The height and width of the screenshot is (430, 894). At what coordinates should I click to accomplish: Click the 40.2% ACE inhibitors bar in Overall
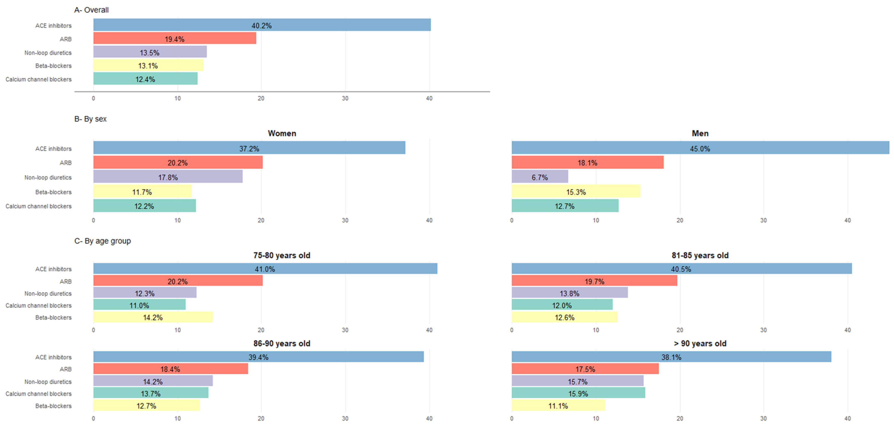[x=262, y=25]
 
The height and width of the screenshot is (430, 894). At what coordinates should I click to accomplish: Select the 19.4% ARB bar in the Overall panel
[x=175, y=39]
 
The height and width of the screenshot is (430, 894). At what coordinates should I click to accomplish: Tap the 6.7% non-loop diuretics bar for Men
[x=540, y=177]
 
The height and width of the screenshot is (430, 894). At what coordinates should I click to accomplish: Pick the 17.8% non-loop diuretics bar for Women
[x=168, y=177]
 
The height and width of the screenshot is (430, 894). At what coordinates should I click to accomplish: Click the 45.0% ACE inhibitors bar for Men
[x=700, y=148]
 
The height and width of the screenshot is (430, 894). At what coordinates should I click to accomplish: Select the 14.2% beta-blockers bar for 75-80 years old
[x=153, y=317]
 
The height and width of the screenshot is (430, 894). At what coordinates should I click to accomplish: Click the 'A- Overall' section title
[x=91, y=10]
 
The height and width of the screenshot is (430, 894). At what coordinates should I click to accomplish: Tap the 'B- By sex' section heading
[x=90, y=119]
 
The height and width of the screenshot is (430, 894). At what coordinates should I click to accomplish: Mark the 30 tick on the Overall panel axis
[x=345, y=98]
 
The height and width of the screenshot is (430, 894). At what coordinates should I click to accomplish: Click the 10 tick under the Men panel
[x=596, y=220]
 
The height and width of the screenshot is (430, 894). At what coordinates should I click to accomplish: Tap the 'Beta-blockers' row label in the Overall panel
[x=54, y=66]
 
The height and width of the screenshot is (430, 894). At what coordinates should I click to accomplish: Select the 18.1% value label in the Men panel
[x=587, y=163]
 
